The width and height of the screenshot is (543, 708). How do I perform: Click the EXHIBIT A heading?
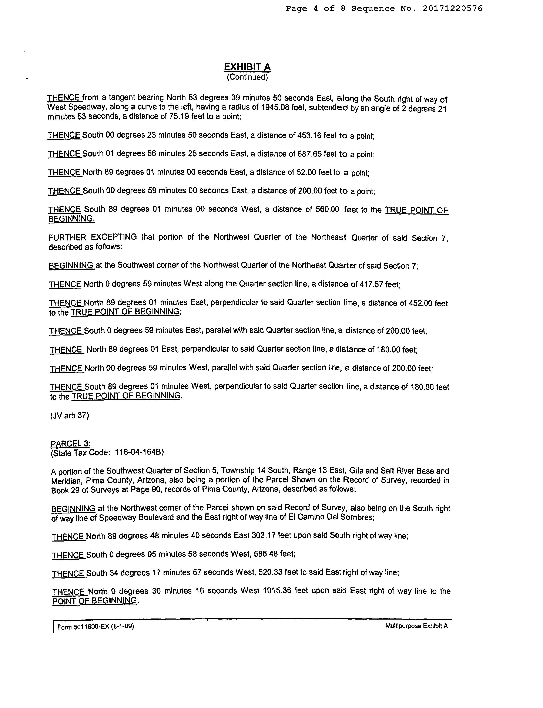tap(247, 67)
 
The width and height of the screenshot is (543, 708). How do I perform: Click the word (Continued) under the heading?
tap(247, 77)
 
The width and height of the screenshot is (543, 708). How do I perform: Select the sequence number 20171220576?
tap(453, 9)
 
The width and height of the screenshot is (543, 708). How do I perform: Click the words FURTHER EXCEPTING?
tap(93, 237)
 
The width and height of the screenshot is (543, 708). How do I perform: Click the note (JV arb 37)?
tap(70, 415)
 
